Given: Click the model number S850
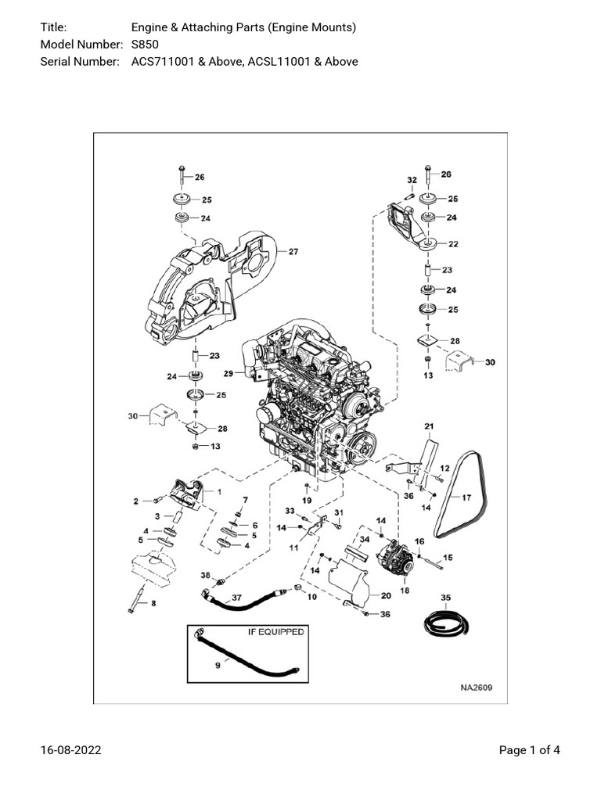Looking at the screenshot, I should tap(145, 45).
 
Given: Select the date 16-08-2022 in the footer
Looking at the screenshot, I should tap(70, 750).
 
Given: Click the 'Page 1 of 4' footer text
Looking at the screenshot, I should tap(529, 750).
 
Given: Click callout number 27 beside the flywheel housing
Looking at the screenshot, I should tap(293, 252).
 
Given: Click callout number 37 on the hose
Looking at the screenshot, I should tap(236, 598).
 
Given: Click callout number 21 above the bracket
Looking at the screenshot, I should tap(429, 426).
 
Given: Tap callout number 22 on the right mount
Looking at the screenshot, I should tap(452, 244).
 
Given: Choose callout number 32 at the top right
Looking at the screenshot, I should tap(411, 180).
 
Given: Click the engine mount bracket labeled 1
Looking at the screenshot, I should tap(185, 497).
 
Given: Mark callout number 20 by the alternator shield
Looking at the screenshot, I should tap(385, 595).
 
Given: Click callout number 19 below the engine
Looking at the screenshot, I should tap(307, 500).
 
